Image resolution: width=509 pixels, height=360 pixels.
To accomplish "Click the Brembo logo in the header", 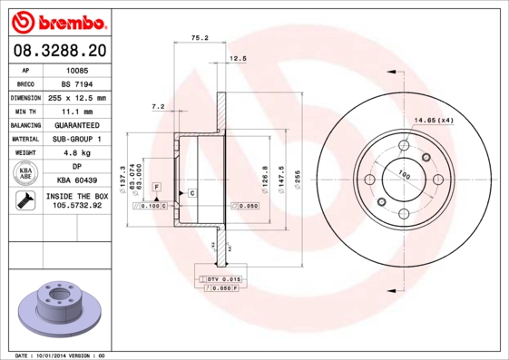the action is (59, 23).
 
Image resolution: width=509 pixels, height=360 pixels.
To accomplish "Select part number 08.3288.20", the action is (60, 51).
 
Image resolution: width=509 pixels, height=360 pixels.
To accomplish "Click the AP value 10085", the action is (77, 71).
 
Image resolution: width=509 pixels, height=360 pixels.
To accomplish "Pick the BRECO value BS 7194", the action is (77, 84).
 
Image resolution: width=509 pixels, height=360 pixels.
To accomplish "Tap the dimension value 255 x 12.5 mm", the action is (77, 98).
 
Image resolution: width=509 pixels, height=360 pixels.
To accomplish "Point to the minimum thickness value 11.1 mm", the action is (77, 112).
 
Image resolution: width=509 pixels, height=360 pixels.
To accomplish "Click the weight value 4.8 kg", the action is (77, 152).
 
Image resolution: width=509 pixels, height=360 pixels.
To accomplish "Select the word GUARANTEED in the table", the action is (77, 125).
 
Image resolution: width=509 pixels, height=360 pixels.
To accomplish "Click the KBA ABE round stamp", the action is (25, 173).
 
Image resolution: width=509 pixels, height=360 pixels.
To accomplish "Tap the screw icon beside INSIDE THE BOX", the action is (25, 200).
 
